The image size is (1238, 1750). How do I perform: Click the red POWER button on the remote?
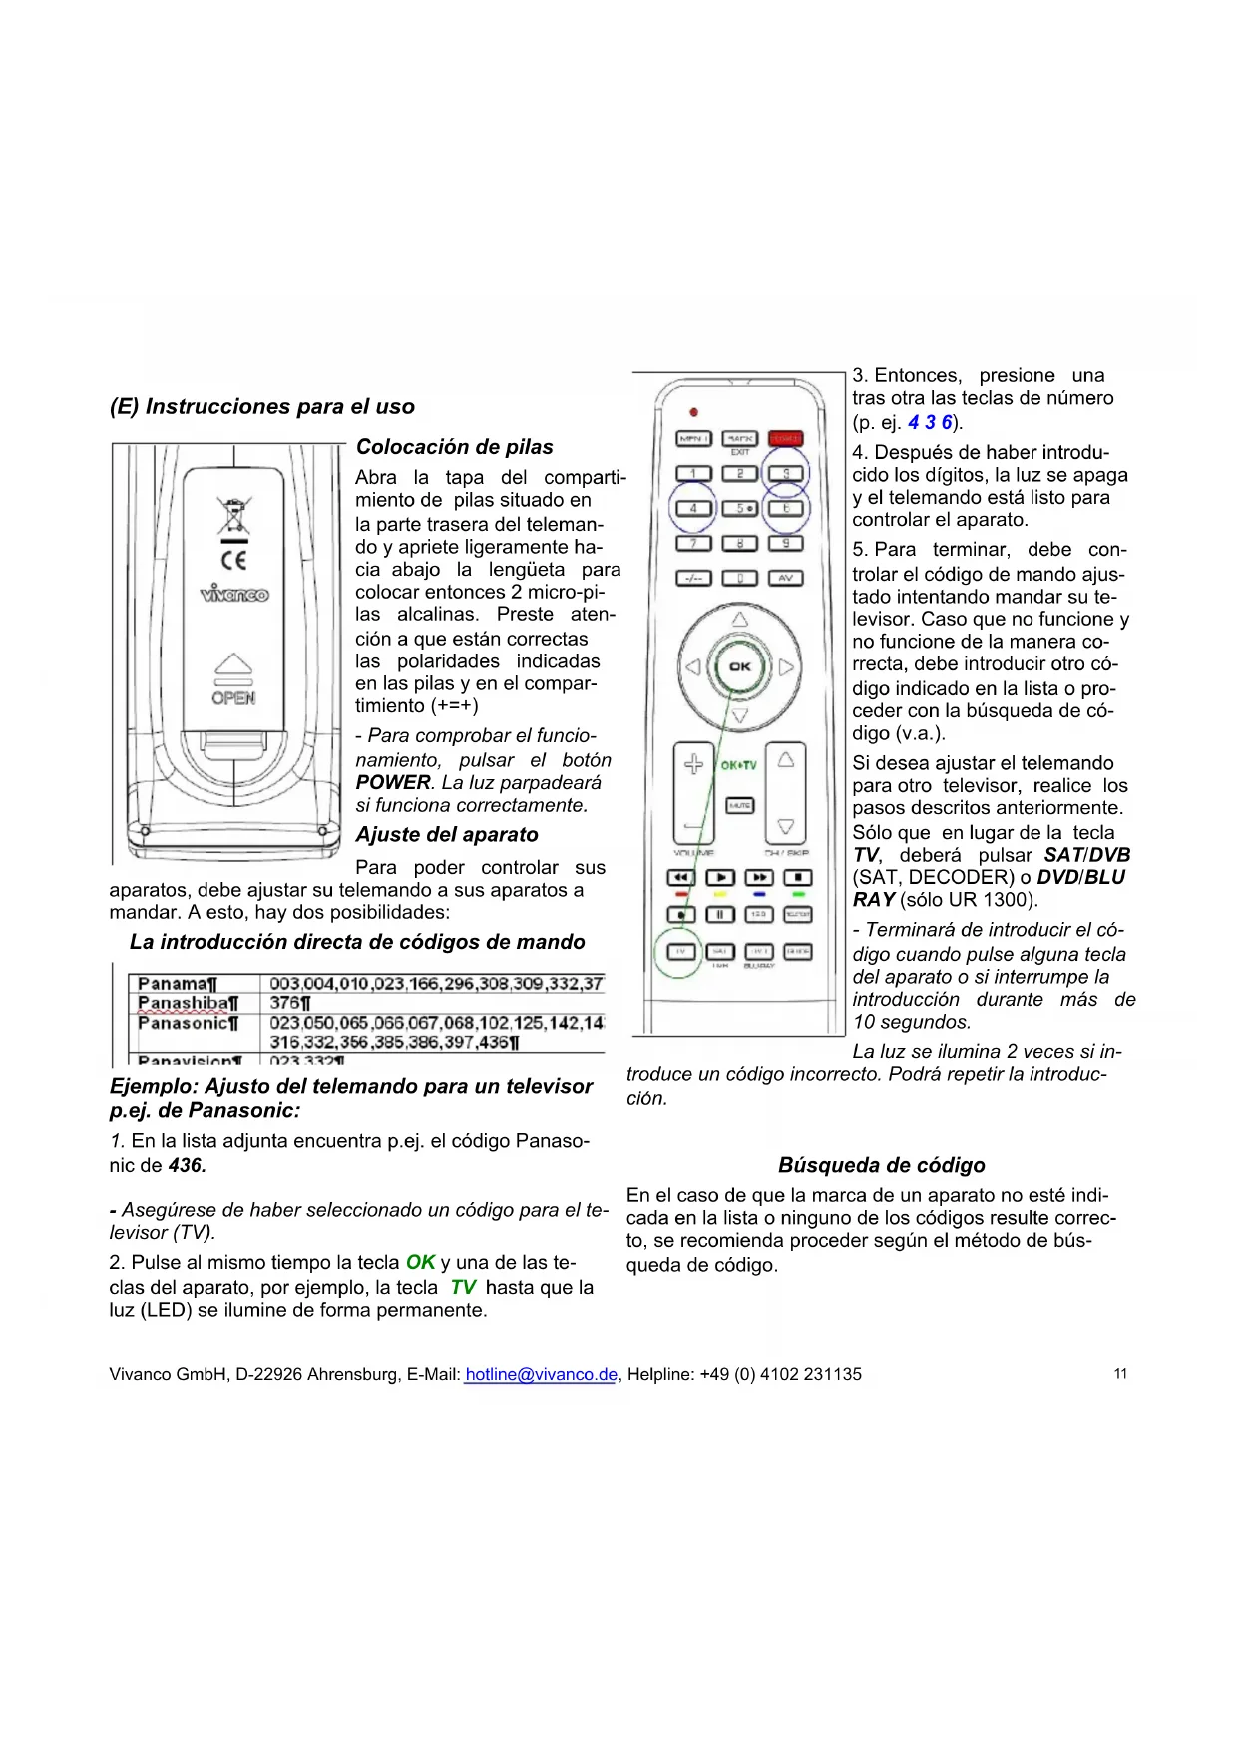click(x=785, y=438)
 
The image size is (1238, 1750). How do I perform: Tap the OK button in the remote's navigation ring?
click(x=739, y=666)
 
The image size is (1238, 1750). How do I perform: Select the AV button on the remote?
click(x=785, y=578)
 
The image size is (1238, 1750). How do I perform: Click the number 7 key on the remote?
click(x=693, y=543)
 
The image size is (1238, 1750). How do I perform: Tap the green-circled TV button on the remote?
click(x=681, y=951)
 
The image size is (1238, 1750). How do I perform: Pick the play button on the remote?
click(x=720, y=877)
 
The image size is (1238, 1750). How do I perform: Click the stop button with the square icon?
click(x=798, y=877)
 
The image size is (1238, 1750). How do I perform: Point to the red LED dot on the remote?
click(x=693, y=411)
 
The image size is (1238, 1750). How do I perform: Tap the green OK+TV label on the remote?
click(x=738, y=765)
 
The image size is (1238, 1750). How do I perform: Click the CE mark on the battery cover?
click(x=233, y=560)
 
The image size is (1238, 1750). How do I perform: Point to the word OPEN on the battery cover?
click(x=233, y=698)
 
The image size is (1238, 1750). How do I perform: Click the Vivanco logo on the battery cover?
click(x=233, y=595)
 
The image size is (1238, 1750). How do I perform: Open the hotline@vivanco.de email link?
click(x=540, y=1374)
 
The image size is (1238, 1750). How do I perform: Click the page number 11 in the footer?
click(x=1120, y=1374)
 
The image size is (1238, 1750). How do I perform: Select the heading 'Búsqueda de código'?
click(x=881, y=1165)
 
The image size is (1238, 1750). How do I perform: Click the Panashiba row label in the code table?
click(x=188, y=1003)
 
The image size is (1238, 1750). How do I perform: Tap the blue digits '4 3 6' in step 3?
click(x=930, y=422)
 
